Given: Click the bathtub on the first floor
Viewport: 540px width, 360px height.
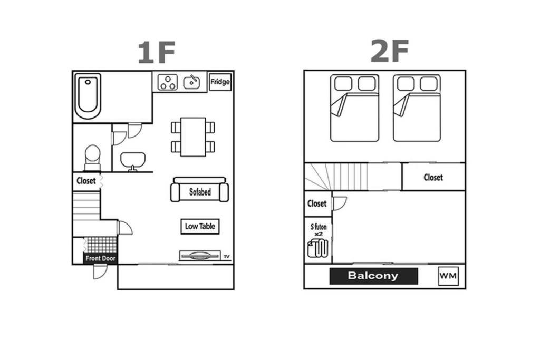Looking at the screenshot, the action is pyautogui.click(x=88, y=96).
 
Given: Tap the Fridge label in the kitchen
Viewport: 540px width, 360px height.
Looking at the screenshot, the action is pyautogui.click(x=220, y=82).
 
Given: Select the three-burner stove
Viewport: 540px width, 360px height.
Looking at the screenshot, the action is pyautogui.click(x=168, y=83).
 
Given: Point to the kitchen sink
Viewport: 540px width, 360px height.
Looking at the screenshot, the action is pyautogui.click(x=191, y=82).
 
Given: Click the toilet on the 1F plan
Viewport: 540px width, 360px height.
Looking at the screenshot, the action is pyautogui.click(x=92, y=158).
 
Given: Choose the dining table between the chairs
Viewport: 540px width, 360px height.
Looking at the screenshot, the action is pyautogui.click(x=193, y=137).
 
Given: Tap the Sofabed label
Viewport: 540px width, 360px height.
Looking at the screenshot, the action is pyautogui.click(x=200, y=192).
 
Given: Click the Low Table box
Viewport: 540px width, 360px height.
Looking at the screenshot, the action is pyautogui.click(x=200, y=226).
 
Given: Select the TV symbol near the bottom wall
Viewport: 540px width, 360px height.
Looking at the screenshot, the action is pyautogui.click(x=200, y=256).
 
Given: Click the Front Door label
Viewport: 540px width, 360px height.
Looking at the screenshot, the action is pyautogui.click(x=101, y=258).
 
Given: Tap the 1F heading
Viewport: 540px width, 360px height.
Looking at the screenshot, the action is pyautogui.click(x=157, y=52).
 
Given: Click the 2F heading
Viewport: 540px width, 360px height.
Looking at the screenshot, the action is pyautogui.click(x=390, y=51).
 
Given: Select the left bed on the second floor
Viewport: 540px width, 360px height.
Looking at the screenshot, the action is pyautogui.click(x=355, y=108).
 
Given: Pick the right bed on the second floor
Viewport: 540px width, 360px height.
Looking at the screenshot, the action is pyautogui.click(x=417, y=108).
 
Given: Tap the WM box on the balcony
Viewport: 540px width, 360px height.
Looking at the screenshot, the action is pyautogui.click(x=448, y=276).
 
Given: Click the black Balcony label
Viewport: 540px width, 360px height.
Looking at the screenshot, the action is pyautogui.click(x=374, y=276).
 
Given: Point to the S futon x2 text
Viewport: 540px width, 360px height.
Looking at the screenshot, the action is pyautogui.click(x=319, y=230).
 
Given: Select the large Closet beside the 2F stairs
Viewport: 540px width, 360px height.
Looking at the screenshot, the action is pyautogui.click(x=433, y=177).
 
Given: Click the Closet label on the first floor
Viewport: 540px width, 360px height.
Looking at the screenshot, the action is pyautogui.click(x=86, y=181).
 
